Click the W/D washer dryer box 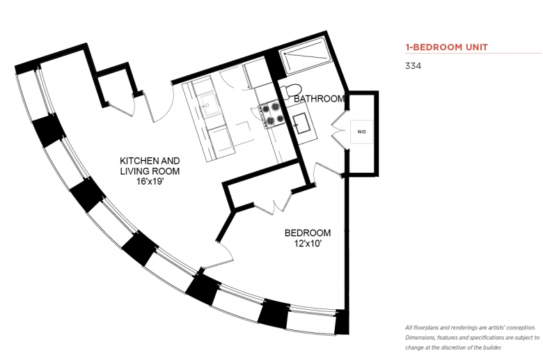coord(361,132)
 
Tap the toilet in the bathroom coord(292,90)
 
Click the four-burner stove coord(272,114)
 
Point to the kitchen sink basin coord(210,104)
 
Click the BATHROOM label coord(319,99)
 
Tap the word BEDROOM coord(308,233)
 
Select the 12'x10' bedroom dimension coord(308,244)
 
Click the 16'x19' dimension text coord(150,181)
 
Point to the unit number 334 coord(413,66)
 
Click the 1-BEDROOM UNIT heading coord(446,47)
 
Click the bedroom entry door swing coord(225,256)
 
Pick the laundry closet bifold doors coord(339,130)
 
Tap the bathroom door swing coord(327,170)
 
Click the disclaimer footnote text coord(472,338)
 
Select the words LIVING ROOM coord(150,171)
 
